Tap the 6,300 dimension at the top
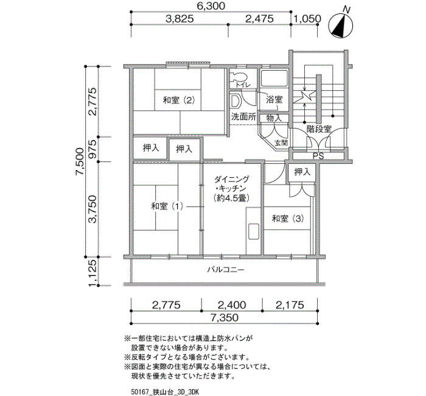point(211,5)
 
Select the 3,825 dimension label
point(180,19)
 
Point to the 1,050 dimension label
point(307,19)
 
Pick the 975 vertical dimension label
point(93,149)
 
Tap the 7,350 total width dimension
point(224,317)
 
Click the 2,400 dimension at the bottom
point(232,305)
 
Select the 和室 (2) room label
point(179,101)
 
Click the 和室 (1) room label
point(167,207)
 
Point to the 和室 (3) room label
point(288,218)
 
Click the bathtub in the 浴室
point(274,78)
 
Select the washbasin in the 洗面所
point(236,101)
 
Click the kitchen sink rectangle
point(253,231)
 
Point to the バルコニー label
point(226,269)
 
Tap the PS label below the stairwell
point(318,156)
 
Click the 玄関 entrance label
point(281,143)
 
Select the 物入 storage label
point(274,118)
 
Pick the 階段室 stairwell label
point(319,129)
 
